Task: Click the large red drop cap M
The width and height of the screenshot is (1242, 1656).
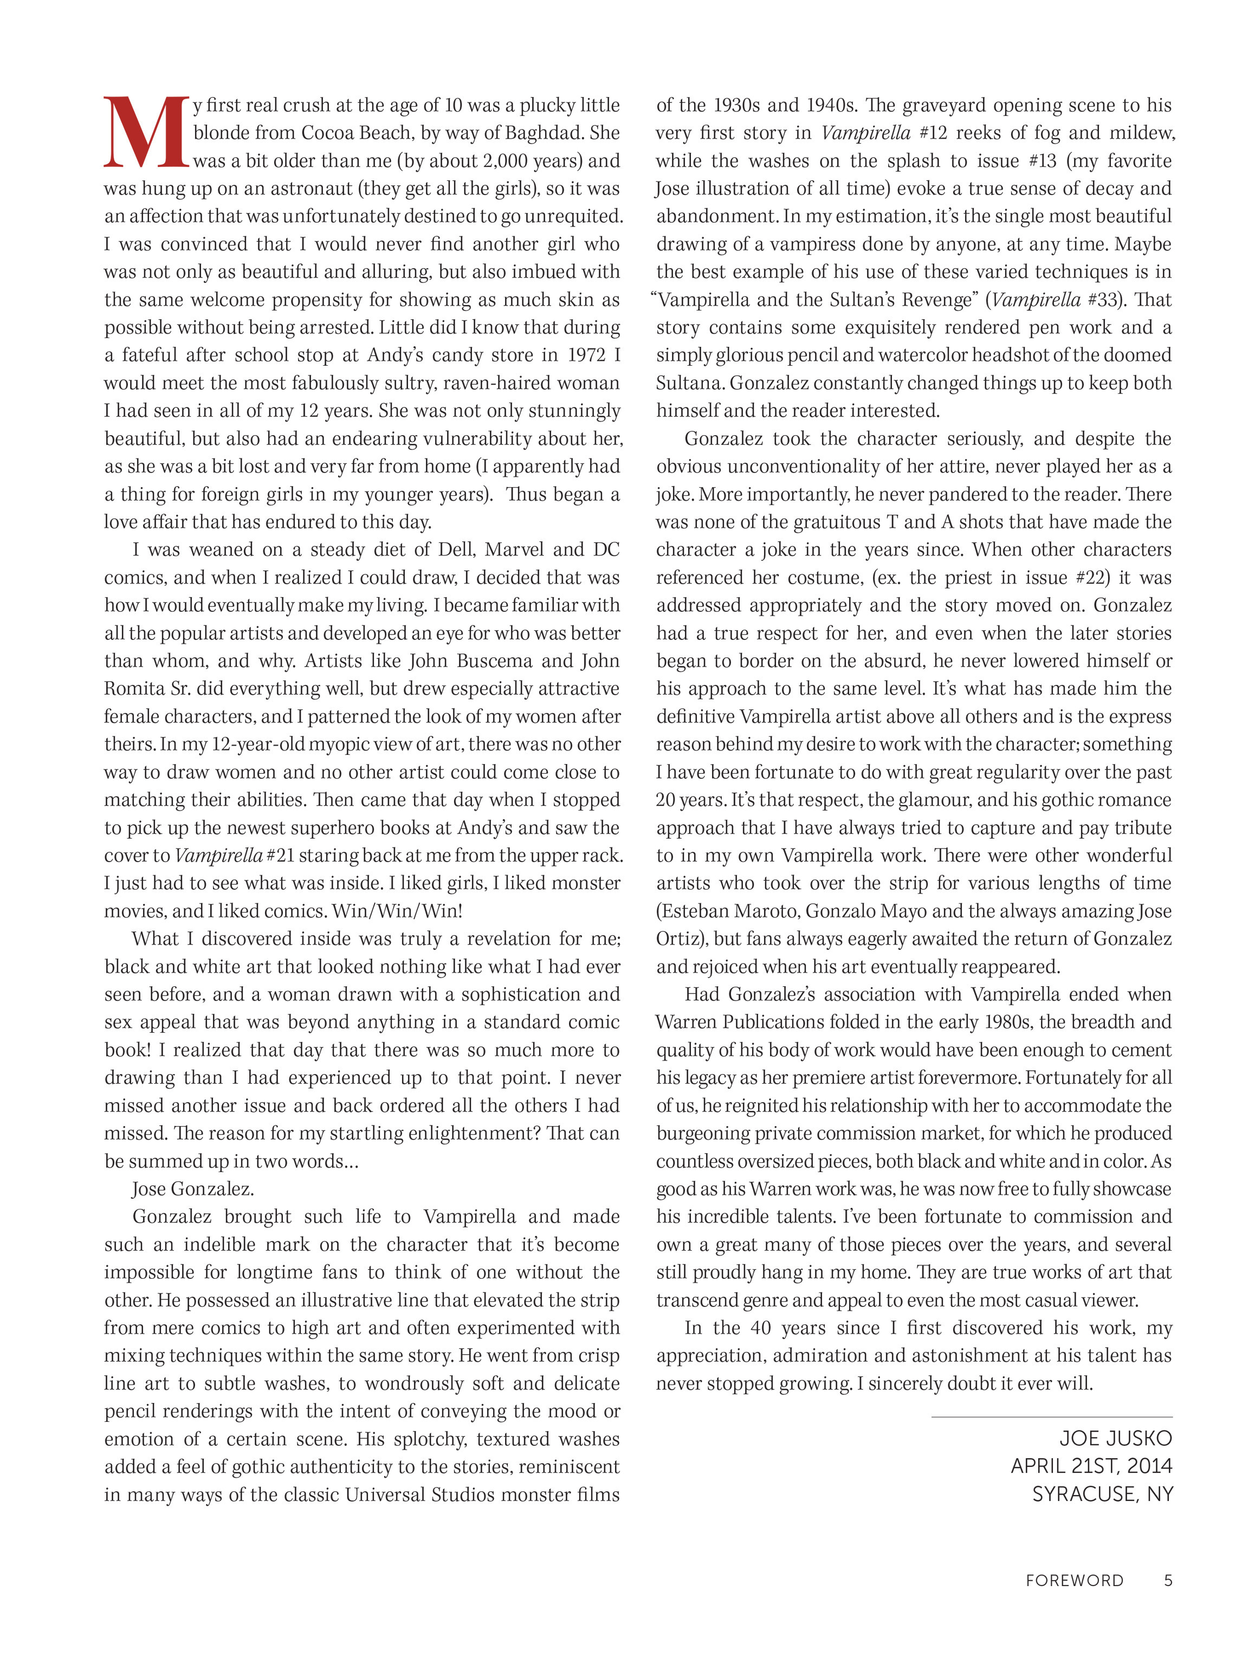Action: [x=146, y=133]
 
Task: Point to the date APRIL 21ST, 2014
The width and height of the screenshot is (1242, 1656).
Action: [x=1091, y=1466]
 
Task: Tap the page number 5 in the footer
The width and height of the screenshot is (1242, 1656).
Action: [x=1167, y=1580]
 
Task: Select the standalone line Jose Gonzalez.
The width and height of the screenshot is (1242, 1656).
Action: [x=192, y=1189]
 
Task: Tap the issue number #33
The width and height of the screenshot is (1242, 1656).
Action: [x=1105, y=300]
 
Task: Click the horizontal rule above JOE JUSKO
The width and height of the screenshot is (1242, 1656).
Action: [x=1051, y=1416]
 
